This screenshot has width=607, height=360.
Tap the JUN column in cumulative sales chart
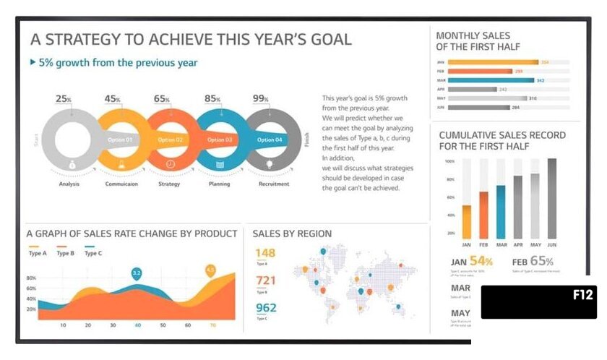(x=552, y=199)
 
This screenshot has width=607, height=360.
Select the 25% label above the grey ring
(x=64, y=98)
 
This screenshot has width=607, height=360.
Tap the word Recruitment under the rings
(x=274, y=184)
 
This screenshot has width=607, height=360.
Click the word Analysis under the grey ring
(x=69, y=184)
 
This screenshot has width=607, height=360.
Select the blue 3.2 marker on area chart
(x=136, y=273)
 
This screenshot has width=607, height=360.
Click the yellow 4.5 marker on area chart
(x=210, y=270)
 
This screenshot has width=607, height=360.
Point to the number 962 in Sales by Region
(x=266, y=308)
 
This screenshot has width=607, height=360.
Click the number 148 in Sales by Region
(x=265, y=253)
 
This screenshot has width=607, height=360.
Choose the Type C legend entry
(x=93, y=253)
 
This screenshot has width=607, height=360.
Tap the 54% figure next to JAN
(x=481, y=261)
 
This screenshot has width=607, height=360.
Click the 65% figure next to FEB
(x=542, y=261)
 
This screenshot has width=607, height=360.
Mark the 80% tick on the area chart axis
(x=31, y=278)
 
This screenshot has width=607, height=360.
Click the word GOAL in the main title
(x=326, y=39)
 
